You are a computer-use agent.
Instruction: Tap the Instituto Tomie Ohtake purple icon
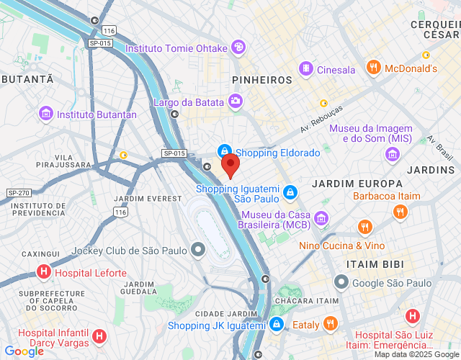coord(238,48)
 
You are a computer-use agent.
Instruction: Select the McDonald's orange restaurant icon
coord(373,68)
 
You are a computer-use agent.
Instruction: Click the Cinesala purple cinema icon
coord(306,69)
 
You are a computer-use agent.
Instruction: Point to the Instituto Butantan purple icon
coord(47,114)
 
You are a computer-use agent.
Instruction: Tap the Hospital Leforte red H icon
coord(44,273)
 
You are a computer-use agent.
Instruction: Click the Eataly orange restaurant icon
coord(331,324)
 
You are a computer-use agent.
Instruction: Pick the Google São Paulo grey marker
coord(341,282)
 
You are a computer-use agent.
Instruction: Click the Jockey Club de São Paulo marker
coord(198,251)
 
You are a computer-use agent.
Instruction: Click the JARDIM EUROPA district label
coord(347,184)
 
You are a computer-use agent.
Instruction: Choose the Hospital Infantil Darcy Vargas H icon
coord(99,336)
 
